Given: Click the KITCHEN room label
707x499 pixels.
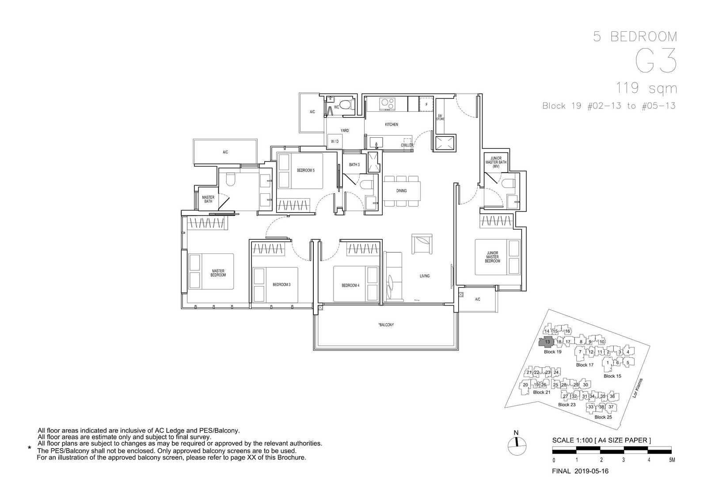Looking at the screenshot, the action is click(x=392, y=125).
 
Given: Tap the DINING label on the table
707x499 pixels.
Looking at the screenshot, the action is click(x=402, y=191).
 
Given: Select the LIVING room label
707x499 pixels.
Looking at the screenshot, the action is click(x=425, y=276).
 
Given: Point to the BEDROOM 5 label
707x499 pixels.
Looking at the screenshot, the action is click(x=305, y=170).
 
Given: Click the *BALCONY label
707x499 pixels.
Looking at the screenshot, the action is click(x=386, y=325).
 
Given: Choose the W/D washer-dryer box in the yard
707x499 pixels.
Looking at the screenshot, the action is click(x=335, y=141).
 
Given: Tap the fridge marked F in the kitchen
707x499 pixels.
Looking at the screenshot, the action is click(x=426, y=104).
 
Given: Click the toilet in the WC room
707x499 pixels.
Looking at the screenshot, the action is click(x=346, y=104).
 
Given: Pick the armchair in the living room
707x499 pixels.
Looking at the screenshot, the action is click(x=422, y=244).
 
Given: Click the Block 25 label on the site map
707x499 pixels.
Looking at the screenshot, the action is click(x=603, y=417).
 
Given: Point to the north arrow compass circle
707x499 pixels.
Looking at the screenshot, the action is click(x=517, y=446).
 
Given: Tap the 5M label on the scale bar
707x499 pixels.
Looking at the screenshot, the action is click(x=672, y=460).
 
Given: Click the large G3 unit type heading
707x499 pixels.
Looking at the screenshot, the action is click(x=656, y=60).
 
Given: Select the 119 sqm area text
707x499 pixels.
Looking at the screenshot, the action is click(x=646, y=88).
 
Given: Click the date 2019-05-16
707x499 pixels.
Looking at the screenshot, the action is click(x=591, y=471).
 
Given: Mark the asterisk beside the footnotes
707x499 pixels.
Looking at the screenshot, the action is click(x=30, y=448).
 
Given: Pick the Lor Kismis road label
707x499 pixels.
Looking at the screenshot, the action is click(x=638, y=388).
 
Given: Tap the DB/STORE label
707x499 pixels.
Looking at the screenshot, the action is click(x=440, y=117).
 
